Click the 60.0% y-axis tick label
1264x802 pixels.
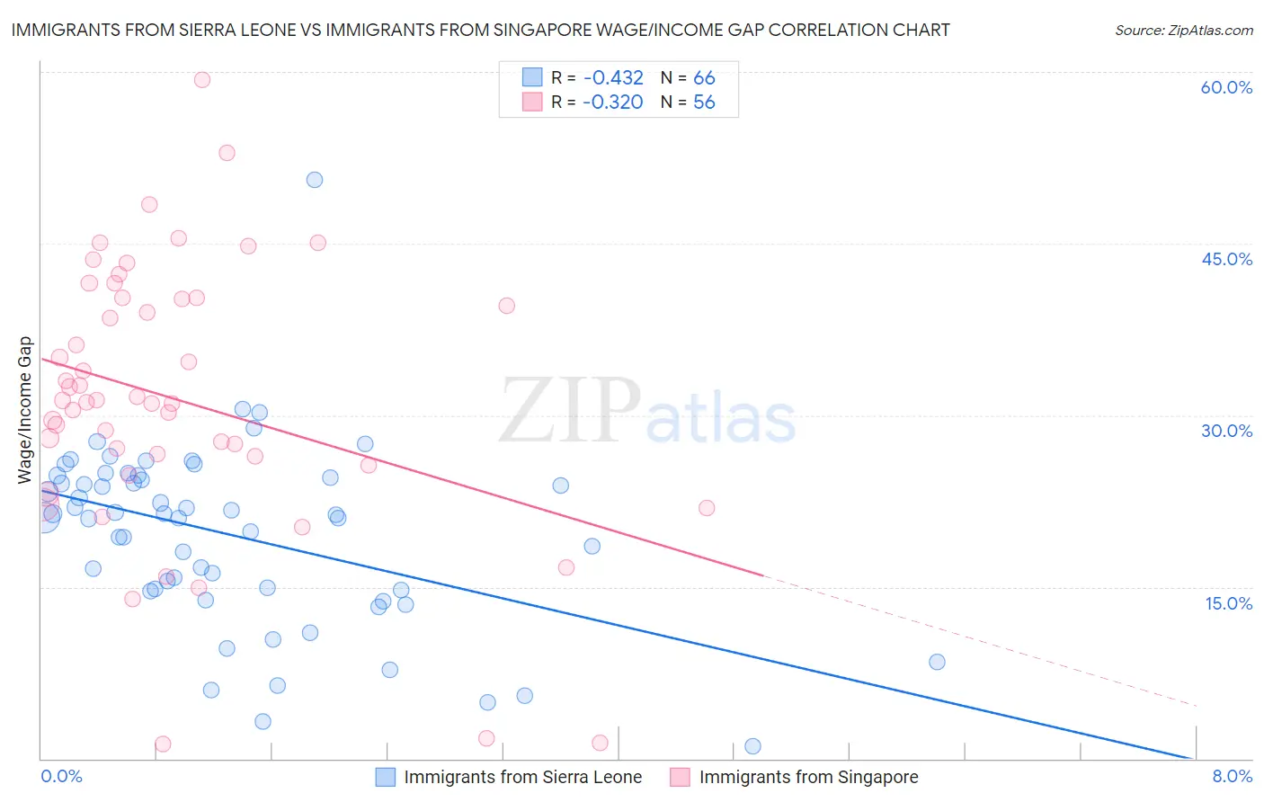1226,87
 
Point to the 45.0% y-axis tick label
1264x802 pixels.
1226,259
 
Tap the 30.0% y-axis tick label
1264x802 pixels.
1226,431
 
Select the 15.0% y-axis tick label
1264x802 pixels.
1228,602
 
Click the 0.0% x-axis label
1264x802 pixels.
61,776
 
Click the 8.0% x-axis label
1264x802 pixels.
1232,776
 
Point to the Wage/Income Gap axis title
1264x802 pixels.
24,410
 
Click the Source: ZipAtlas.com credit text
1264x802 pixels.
1183,31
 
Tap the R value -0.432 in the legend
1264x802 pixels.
613,78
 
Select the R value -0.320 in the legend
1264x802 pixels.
613,102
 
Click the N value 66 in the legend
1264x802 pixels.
704,78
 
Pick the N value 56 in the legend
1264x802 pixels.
704,102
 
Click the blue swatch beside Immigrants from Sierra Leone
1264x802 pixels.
386,777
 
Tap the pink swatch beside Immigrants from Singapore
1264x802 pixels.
681,777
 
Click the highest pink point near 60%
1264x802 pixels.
202,80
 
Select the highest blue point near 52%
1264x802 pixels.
315,180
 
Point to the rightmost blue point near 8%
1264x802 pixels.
937,662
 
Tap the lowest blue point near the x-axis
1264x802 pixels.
752,746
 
